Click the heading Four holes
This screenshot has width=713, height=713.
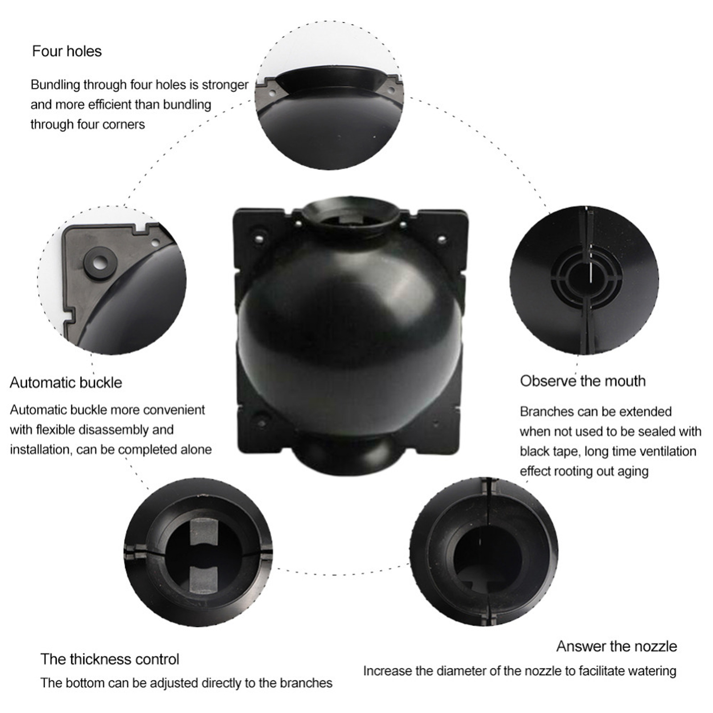point(67,52)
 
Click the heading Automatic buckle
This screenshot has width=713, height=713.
point(66,383)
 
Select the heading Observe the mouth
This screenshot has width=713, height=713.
point(583,381)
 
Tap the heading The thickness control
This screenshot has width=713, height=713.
point(110,659)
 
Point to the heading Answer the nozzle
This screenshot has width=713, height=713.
point(616,646)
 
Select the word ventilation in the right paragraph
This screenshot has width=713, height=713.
point(664,451)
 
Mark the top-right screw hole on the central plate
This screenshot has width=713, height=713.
point(442,239)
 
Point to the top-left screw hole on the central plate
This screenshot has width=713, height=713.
point(258,239)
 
